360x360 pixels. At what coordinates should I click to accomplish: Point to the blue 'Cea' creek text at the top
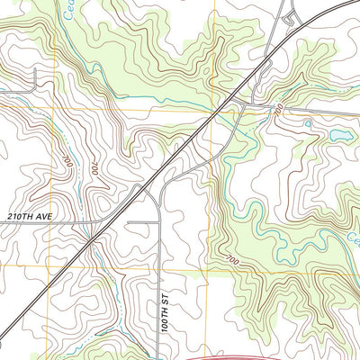tap(62, 10)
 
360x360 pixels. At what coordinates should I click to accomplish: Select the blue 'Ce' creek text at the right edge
tap(353, 238)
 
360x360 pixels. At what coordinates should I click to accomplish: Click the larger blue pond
tap(340, 136)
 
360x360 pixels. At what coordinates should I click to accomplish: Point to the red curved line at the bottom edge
tap(297, 356)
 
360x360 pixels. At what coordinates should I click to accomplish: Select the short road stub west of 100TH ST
tap(142, 220)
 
